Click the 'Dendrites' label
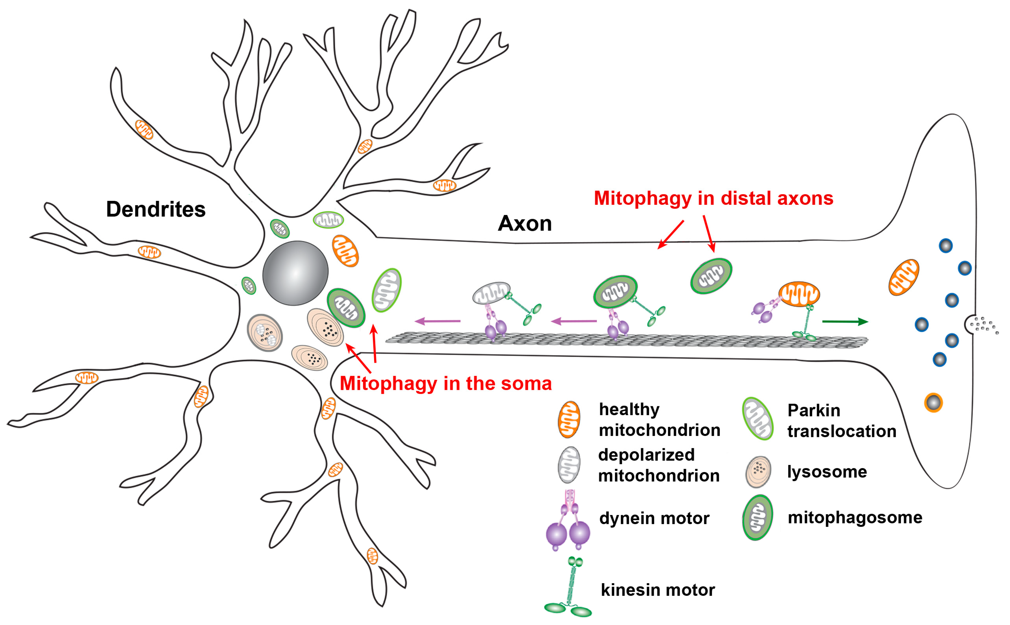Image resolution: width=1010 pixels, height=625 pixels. [156, 209]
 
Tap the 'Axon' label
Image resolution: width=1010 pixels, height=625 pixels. [525, 224]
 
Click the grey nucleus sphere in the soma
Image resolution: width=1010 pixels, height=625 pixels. [295, 273]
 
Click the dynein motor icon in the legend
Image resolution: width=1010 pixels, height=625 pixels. [568, 521]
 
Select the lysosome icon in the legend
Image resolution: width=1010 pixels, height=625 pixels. [758, 472]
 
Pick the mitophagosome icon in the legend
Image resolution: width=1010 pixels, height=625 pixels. [757, 518]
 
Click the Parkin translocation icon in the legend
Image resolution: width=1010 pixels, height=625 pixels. [757, 418]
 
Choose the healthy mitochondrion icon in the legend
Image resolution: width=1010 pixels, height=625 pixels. [569, 419]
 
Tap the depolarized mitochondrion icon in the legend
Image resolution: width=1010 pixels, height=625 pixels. [569, 465]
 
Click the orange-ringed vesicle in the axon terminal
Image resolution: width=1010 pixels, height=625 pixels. [933, 402]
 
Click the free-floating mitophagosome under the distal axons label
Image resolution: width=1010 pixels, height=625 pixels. [711, 276]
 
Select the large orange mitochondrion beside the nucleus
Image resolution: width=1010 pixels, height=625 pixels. [345, 251]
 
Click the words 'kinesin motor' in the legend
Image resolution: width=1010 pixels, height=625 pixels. [657, 590]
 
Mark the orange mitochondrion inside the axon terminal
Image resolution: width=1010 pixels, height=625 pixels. [903, 277]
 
